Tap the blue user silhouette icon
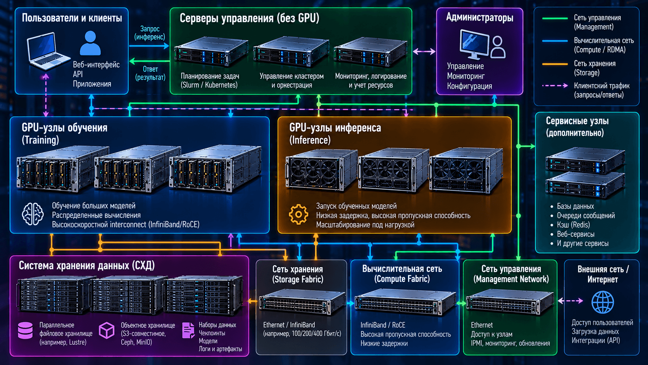tap(90, 43)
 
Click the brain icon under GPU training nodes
tap(33, 214)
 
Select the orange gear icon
tap(298, 215)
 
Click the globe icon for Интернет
tap(603, 302)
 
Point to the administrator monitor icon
tap(474, 44)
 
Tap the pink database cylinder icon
tap(26, 330)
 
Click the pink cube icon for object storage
tap(107, 330)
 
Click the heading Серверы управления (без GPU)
tap(249, 18)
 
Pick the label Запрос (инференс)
tap(150, 33)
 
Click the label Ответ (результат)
tap(150, 73)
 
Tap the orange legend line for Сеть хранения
tap(555, 64)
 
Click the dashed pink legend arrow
tap(555, 86)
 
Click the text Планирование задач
tap(210, 76)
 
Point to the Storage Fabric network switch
tap(302, 303)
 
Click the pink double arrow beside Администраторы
tap(424, 52)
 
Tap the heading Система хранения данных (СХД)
tap(87, 265)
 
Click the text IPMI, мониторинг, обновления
tap(510, 343)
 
